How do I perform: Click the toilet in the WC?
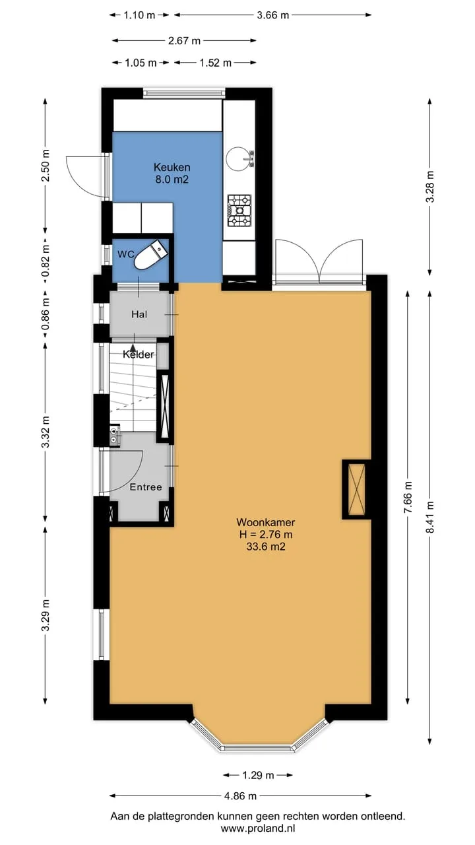[152, 255]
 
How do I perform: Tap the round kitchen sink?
[238, 158]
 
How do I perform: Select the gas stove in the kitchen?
[239, 211]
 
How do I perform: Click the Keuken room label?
[172, 167]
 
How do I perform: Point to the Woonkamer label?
[266, 522]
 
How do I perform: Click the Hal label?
[139, 314]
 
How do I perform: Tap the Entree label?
[146, 487]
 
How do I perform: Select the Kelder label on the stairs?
[139, 355]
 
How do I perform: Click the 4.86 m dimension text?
[240, 796]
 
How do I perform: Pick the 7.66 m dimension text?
[408, 497]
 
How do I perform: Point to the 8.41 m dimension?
[430, 517]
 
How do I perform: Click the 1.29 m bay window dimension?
[258, 775]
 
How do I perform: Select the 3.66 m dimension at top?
[273, 15]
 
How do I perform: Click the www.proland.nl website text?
[258, 828]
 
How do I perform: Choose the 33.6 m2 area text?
[266, 546]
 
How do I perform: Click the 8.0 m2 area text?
[172, 179]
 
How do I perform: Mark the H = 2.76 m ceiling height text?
[266, 534]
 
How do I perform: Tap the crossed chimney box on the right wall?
[357, 489]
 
